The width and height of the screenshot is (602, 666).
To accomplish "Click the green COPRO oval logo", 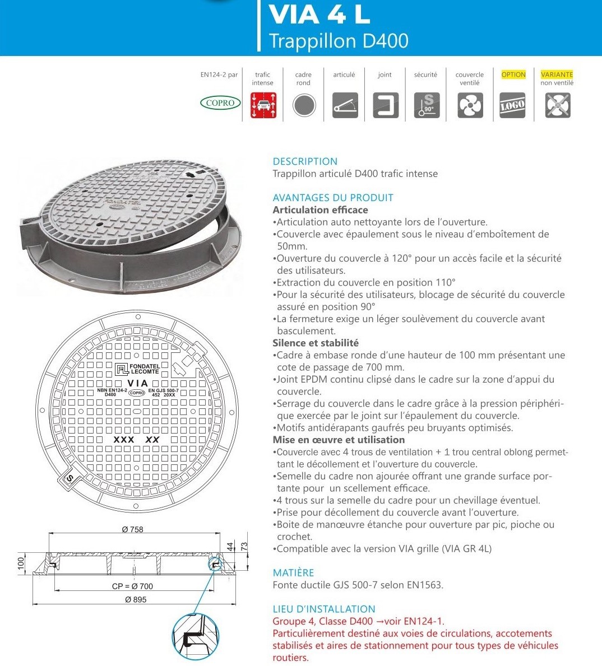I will pyautogui.click(x=220, y=103).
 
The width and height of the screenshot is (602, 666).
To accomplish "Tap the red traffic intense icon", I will pyautogui.click(x=263, y=105).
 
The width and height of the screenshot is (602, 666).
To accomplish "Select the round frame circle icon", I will pyautogui.click(x=304, y=105).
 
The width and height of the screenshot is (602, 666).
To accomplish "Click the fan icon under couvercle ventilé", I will pyautogui.click(x=470, y=105).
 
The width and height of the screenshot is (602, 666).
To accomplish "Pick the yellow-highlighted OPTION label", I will pyautogui.click(x=513, y=74).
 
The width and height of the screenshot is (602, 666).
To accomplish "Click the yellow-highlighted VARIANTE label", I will pyautogui.click(x=557, y=74).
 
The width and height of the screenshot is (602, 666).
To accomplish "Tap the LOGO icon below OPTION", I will pyautogui.click(x=513, y=105).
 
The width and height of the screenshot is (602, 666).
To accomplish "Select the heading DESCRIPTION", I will pyautogui.click(x=305, y=161).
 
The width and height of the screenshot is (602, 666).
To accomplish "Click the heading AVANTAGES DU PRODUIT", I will pyautogui.click(x=333, y=198).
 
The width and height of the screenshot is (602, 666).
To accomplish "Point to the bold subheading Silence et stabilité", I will pyautogui.click(x=316, y=343).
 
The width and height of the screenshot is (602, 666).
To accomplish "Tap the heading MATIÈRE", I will pyautogui.click(x=293, y=572).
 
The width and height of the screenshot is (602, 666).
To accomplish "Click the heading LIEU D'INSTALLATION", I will pyautogui.click(x=324, y=609).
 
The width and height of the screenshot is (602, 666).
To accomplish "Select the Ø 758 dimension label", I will pyautogui.click(x=133, y=529).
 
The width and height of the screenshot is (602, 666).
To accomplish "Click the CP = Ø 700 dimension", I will pyautogui.click(x=132, y=586).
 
